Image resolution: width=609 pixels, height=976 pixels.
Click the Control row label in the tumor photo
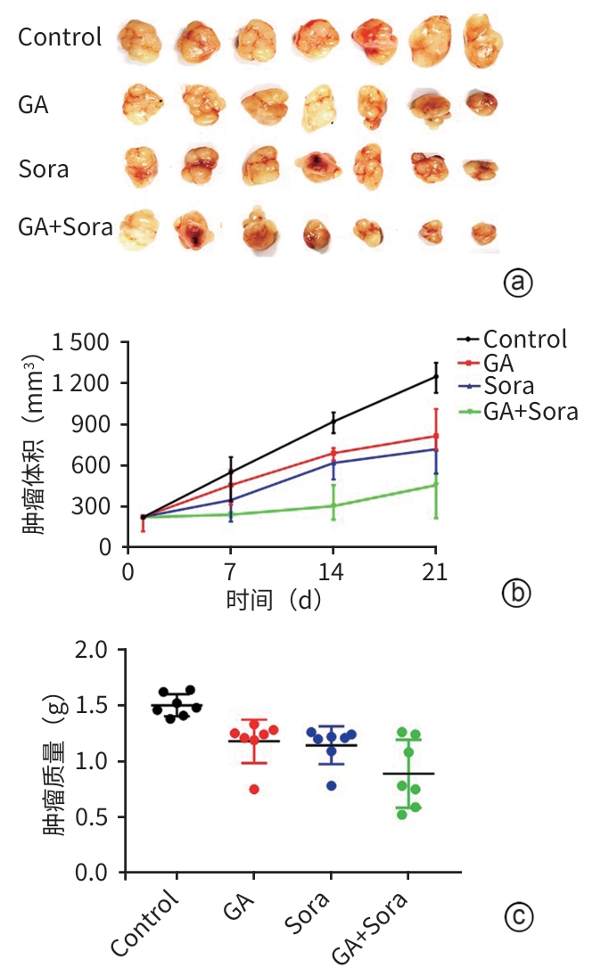point(60,37)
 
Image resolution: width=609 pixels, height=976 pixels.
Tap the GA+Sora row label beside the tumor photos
point(66,227)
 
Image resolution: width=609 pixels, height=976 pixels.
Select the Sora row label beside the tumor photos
point(44,168)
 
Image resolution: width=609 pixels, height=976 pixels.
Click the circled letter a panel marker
point(518,283)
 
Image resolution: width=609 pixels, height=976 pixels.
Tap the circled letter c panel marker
point(517,914)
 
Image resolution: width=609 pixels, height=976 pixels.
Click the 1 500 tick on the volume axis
point(81,342)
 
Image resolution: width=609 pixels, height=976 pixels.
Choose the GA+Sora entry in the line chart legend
point(531,411)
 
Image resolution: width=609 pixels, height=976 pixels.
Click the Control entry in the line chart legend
point(525,339)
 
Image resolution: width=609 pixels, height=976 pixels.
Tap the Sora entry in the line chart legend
point(509,387)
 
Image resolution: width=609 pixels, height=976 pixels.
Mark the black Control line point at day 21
point(435,376)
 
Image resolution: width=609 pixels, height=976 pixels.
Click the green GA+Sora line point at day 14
point(333,505)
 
